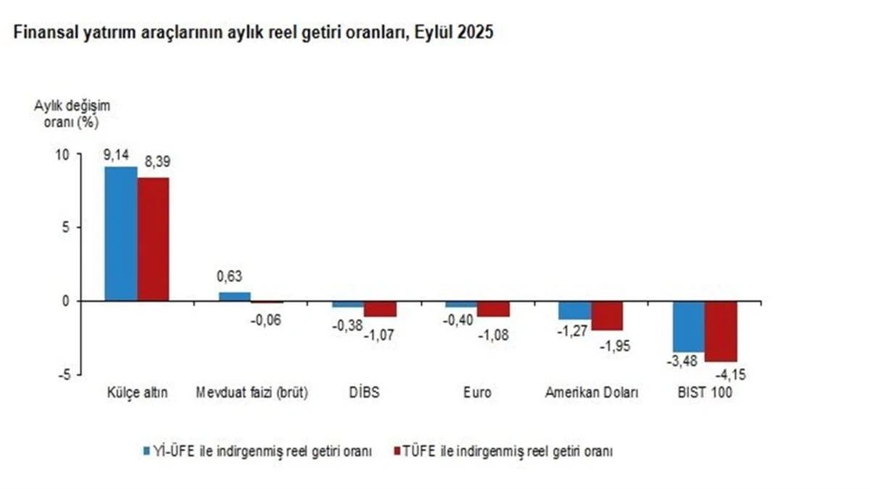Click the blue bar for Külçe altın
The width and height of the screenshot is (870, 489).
click(120, 233)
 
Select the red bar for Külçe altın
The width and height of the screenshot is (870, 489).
click(153, 239)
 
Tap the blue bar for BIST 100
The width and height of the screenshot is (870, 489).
click(688, 326)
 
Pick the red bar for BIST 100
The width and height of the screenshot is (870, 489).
click(721, 331)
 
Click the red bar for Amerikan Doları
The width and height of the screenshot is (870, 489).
click(607, 316)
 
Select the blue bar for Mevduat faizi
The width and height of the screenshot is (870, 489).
click(234, 296)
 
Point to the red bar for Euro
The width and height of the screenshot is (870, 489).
click(493, 309)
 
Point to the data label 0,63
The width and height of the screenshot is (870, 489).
click(230, 276)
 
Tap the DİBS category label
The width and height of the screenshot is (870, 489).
click(364, 393)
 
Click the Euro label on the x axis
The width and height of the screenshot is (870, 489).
click(477, 393)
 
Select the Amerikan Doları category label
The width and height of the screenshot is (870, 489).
click(592, 393)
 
